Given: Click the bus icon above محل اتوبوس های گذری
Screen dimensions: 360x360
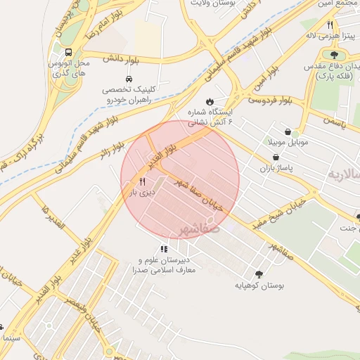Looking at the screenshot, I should [x=68, y=53].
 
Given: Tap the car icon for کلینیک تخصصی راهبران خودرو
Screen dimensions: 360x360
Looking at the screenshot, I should [x=129, y=78].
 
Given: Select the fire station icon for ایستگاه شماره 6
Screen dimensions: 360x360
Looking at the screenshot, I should [x=208, y=101].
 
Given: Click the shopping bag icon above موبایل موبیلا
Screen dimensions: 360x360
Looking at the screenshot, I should [x=288, y=131].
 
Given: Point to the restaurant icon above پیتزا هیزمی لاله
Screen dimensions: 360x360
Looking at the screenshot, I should [x=330, y=25].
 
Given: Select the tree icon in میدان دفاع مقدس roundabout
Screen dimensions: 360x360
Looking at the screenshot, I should [x=333, y=55].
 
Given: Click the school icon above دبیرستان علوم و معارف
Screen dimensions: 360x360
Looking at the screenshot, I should [x=164, y=249].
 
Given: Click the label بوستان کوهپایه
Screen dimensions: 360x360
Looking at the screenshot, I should [x=258, y=286].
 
